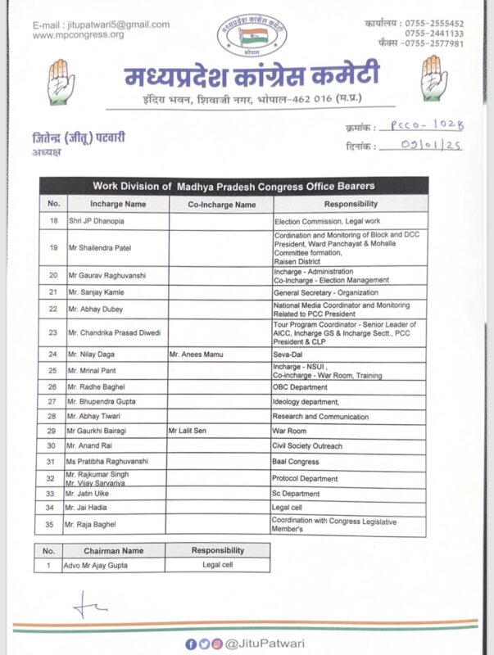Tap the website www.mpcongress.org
click(79, 34)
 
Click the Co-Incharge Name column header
click(221, 204)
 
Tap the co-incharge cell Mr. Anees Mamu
click(197, 355)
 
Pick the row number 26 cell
click(52, 386)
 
